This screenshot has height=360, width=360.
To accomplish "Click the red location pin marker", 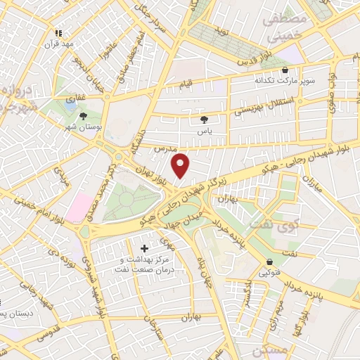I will [x=181, y=165].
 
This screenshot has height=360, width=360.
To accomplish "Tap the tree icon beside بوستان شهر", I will [x=83, y=116].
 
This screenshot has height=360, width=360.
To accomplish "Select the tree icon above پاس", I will [x=205, y=120].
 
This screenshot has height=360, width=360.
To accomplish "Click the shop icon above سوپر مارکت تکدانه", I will [x=285, y=70].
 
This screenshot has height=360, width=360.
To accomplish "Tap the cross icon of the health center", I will [x=145, y=248].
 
